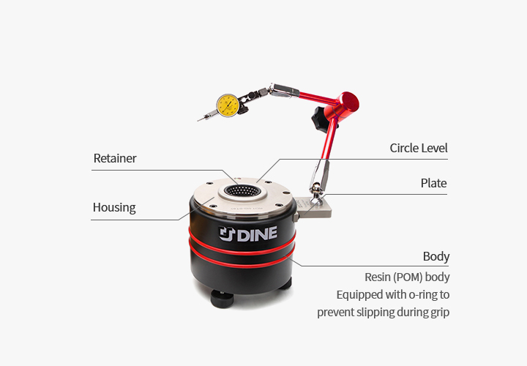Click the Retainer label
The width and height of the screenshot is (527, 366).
pos(115,158)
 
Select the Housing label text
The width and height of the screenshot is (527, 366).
pos(114,208)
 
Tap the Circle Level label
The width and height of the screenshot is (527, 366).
pos(419,148)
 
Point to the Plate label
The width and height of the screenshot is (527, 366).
pos(433,183)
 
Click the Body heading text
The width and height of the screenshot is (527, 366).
pos(436,256)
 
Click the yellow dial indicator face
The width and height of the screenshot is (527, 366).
pos(228,105)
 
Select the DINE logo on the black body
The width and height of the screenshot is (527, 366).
pos(248,234)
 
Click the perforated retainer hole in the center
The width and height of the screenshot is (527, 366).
pos(243,191)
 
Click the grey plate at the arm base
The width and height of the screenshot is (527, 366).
pos(313,207)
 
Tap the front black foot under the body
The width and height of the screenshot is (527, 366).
pos(222,299)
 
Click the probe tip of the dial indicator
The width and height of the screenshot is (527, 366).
pos(199,119)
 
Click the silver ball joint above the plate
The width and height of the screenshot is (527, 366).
pos(316,189)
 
